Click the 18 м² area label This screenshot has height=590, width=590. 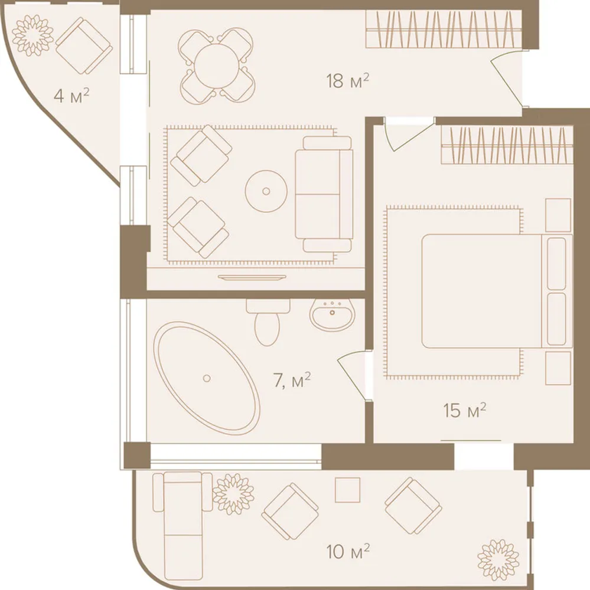[347, 81]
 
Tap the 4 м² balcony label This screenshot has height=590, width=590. [71, 96]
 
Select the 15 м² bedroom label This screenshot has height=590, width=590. [465, 410]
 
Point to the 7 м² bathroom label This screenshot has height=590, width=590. [292, 380]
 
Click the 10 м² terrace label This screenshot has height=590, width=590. [348, 551]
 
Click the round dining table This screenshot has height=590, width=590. [217, 66]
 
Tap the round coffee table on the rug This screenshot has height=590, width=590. [266, 191]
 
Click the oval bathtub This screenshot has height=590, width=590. [207, 378]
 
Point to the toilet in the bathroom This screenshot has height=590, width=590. [268, 322]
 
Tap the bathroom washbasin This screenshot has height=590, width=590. [333, 314]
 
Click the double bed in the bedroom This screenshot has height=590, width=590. [497, 291]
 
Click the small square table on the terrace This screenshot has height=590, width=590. [347, 490]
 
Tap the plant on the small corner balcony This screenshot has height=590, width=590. [32, 35]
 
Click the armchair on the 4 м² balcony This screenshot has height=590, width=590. [84, 45]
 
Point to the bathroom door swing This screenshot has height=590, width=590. [351, 374]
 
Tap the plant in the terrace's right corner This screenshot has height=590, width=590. [498, 559]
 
